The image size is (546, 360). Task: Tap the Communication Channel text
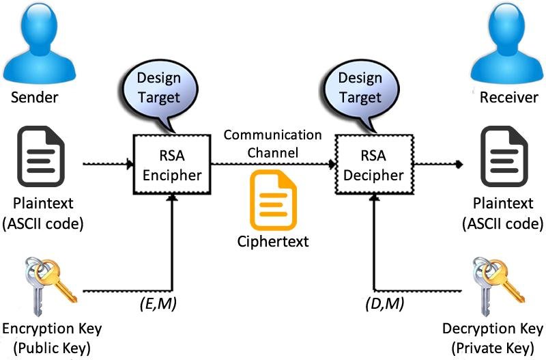(273, 143)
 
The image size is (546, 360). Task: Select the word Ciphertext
(273, 242)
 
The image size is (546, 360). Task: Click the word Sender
(34, 98)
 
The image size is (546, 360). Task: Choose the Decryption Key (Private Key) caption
(487, 337)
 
